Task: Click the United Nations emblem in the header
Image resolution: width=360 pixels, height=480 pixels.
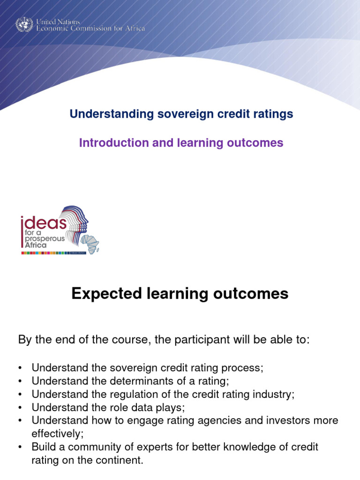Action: pos(24,24)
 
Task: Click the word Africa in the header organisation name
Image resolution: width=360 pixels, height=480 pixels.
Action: pos(135,29)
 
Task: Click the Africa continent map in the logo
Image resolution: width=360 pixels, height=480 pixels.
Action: pos(90,243)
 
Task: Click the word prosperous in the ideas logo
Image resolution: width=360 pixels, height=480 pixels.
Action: pos(45,239)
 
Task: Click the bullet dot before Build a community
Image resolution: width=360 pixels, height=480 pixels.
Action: pos(20,447)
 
